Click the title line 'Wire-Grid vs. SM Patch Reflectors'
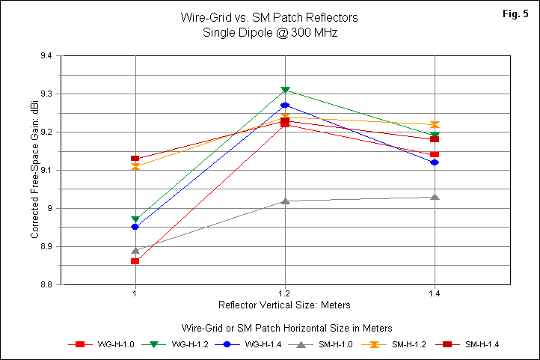(x=270, y=16)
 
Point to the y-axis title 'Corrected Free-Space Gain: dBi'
(x=34, y=170)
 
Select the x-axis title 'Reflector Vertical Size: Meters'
(x=284, y=305)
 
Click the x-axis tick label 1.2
(x=284, y=293)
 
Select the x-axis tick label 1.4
(x=434, y=293)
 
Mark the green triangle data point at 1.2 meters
(x=285, y=91)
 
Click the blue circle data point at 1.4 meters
(x=435, y=162)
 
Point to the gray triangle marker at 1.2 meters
(x=285, y=200)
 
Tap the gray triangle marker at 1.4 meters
(x=435, y=196)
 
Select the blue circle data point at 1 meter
(x=135, y=227)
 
